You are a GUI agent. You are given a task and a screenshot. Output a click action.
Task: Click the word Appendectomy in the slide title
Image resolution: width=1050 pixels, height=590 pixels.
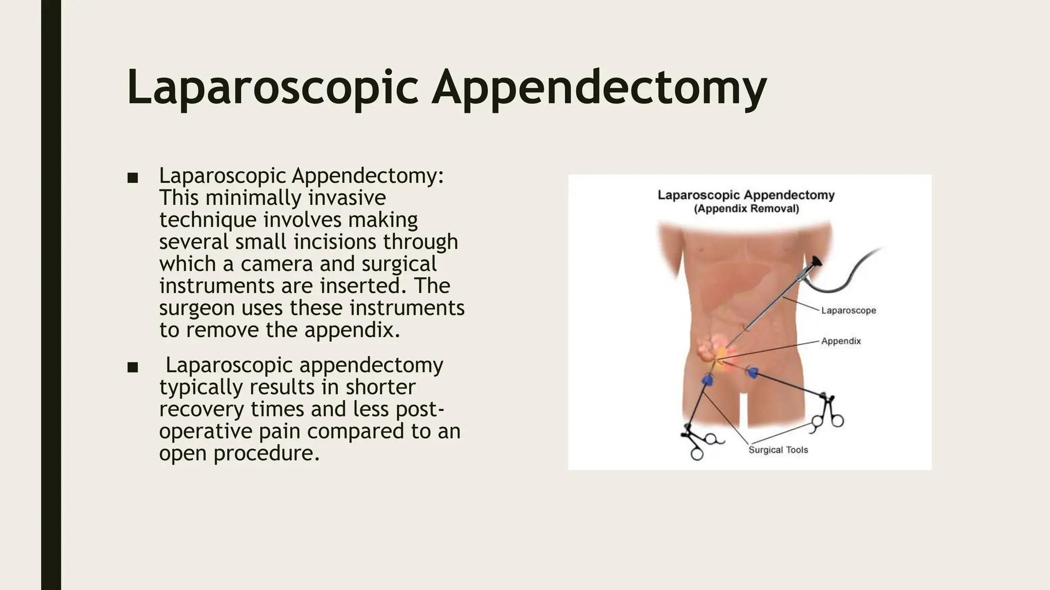click(599, 89)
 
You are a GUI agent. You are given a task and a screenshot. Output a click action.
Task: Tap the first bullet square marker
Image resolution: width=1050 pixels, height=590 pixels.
click(133, 178)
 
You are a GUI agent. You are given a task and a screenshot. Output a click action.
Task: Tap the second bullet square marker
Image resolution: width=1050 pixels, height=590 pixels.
click(133, 367)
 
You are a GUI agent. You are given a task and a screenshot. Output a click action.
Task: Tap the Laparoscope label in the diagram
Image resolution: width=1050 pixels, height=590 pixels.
click(849, 310)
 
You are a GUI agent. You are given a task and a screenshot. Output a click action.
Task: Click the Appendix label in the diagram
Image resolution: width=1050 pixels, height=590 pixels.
click(841, 341)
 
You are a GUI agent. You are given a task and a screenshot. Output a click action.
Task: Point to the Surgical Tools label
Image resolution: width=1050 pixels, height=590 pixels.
click(778, 450)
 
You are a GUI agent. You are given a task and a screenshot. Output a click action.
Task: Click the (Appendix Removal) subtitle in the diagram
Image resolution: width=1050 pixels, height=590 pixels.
click(746, 209)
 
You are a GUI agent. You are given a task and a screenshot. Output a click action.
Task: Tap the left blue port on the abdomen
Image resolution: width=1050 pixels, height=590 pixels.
click(708, 380)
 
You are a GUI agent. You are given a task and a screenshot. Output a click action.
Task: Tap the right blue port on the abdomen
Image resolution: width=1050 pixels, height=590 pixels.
click(753, 373)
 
